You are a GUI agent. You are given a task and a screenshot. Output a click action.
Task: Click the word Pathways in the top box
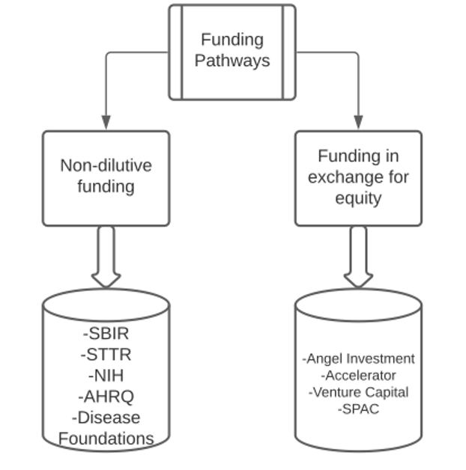[232, 61]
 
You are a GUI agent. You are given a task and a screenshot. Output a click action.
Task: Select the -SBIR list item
[106, 333]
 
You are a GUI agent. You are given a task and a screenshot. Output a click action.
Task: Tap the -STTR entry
[106, 354]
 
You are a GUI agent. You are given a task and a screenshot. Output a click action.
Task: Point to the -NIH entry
[106, 375]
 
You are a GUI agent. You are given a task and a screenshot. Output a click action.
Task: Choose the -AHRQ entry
[106, 397]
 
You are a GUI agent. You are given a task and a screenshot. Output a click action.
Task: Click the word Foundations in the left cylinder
[106, 439]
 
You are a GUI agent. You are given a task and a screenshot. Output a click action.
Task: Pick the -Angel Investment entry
[359, 359]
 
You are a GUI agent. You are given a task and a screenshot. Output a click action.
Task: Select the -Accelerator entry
[359, 376]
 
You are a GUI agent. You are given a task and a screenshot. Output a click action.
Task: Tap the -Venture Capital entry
[359, 392]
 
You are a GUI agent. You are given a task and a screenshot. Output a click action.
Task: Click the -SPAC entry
[359, 409]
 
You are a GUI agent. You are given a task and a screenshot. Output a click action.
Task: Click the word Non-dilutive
[106, 165]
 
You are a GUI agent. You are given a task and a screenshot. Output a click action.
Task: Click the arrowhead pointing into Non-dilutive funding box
[106, 122]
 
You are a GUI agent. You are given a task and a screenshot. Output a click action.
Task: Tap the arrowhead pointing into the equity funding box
[358, 122]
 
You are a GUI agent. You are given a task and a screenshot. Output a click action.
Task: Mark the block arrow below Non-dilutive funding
[106, 257]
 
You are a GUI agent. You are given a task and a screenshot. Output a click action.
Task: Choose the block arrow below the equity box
[358, 257]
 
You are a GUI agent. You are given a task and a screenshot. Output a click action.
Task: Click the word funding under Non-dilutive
[106, 187]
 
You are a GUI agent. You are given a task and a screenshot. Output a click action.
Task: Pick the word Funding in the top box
[232, 40]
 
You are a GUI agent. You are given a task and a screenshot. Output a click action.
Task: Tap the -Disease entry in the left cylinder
[106, 418]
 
